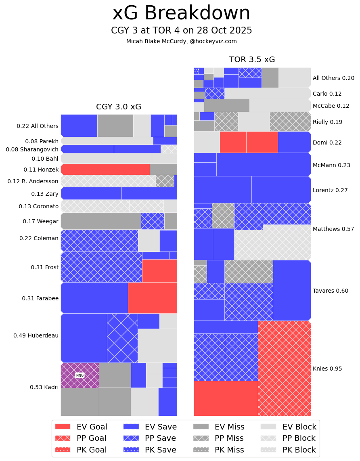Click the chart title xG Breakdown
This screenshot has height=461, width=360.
coord(181,13)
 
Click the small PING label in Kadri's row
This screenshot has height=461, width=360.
coord(80,375)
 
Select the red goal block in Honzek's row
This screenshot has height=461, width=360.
coord(105,169)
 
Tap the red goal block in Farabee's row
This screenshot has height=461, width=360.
coord(153,298)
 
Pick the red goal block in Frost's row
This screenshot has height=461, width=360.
coord(160,270)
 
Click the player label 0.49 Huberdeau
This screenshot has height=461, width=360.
coord(36,335)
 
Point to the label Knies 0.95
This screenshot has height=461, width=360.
coord(327,369)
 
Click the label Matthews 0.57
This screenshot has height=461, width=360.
coord(331,229)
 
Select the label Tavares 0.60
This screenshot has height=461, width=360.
coord(331,291)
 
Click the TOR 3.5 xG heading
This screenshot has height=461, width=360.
coord(252,60)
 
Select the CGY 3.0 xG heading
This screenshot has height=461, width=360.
coord(119,107)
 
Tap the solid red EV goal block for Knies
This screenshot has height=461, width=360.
coord(226,398)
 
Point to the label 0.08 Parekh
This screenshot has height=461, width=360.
coord(42,141)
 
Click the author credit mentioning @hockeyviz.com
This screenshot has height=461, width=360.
coord(181,41)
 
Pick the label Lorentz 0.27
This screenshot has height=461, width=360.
coord(330,190)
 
